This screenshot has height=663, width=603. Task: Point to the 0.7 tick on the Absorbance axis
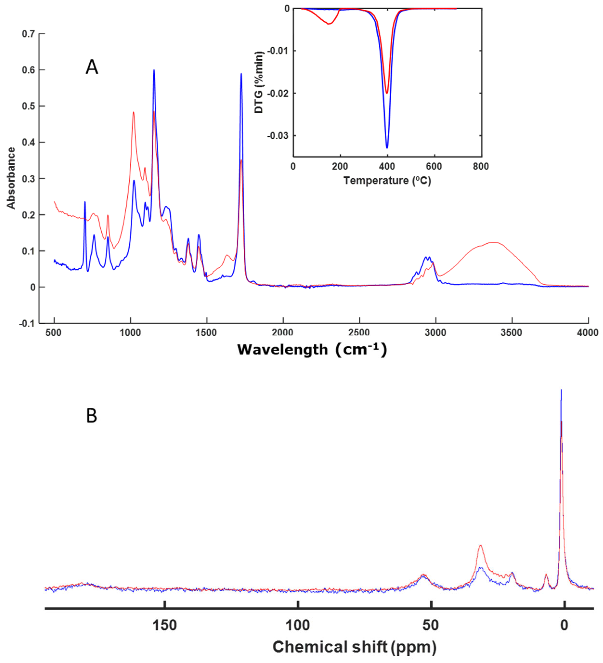point(28,34)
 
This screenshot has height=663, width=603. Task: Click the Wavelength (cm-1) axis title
point(312,349)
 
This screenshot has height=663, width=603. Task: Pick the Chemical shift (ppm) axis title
point(354,647)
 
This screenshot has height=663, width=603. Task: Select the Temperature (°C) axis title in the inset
point(387,181)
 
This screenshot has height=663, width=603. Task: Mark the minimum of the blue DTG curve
point(387,148)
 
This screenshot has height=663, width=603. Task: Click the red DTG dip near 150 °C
point(329,24)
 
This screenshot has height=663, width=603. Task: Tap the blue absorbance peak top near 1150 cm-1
point(154,70)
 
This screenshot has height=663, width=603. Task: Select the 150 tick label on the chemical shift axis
point(165,625)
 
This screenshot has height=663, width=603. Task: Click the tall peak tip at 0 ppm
point(561,390)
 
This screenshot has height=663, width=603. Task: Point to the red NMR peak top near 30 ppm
point(481,546)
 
